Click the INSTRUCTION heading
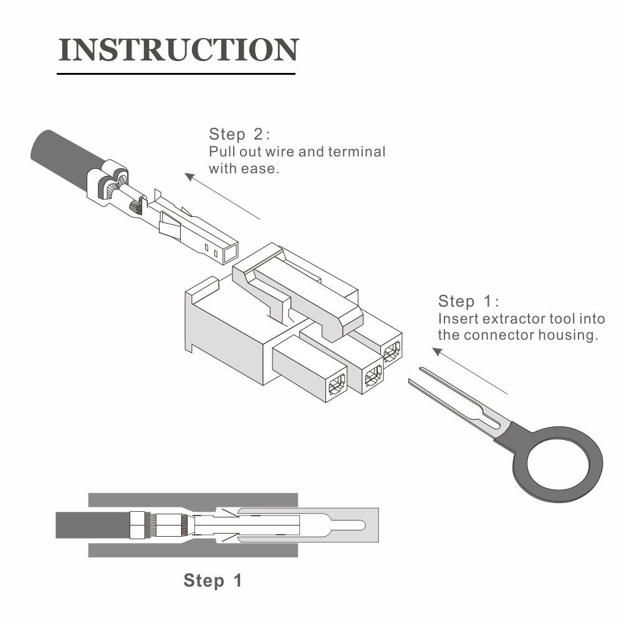(178, 50)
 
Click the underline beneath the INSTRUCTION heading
(176, 74)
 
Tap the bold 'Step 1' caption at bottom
(213, 581)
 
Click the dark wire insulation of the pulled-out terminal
(59, 153)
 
